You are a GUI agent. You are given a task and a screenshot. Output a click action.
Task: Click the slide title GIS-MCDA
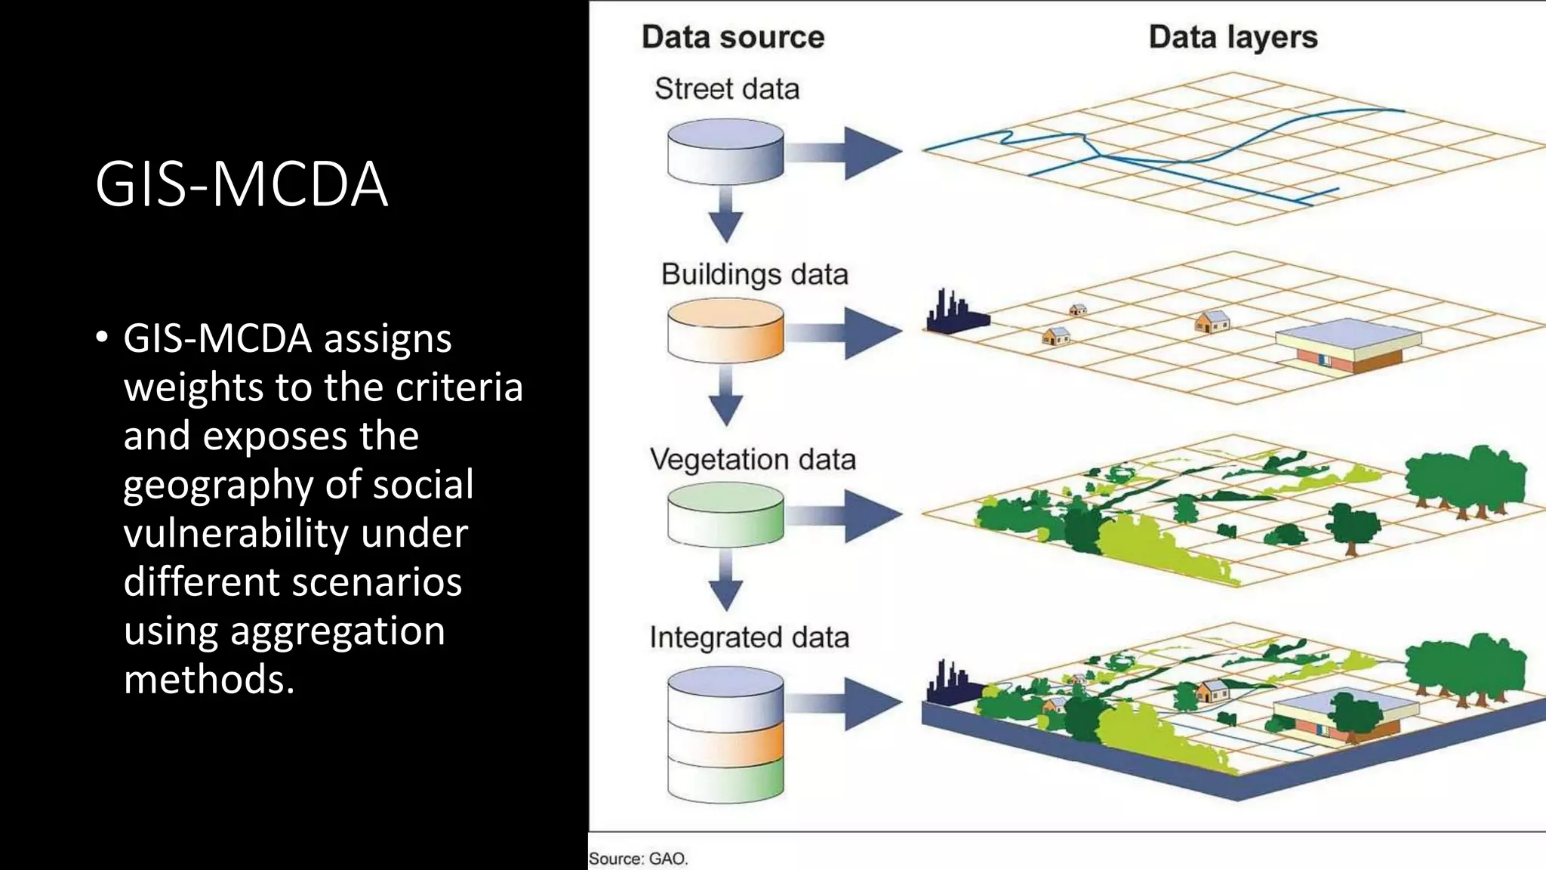pyautogui.click(x=242, y=184)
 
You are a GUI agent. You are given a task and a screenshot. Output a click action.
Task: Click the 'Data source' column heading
pyautogui.click(x=732, y=37)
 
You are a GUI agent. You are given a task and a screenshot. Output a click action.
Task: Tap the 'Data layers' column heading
pyautogui.click(x=1233, y=37)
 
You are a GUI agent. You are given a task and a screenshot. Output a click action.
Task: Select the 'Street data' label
pyautogui.click(x=726, y=89)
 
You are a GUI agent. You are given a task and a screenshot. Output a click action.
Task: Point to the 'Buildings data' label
pyautogui.click(x=754, y=274)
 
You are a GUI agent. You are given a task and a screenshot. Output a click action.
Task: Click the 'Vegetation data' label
pyautogui.click(x=753, y=459)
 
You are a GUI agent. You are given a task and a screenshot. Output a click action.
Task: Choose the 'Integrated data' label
pyautogui.click(x=749, y=637)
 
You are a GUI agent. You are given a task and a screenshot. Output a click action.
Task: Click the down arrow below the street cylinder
pyautogui.click(x=725, y=217)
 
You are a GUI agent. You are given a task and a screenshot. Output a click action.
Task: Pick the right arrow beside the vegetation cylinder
pyautogui.click(x=845, y=516)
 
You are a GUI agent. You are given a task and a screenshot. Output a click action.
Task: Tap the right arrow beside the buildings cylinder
pyautogui.click(x=845, y=332)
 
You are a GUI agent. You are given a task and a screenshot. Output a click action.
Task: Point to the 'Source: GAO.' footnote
pyautogui.click(x=638, y=859)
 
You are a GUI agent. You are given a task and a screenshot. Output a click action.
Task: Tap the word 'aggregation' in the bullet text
pyautogui.click(x=337, y=631)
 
